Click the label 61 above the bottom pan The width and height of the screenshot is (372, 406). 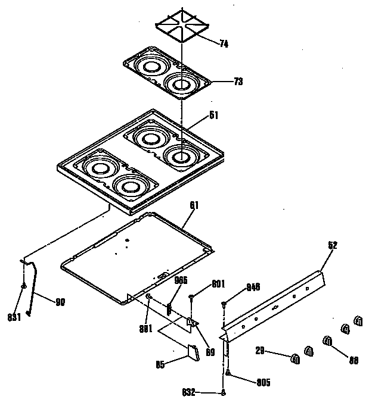coord(194,205)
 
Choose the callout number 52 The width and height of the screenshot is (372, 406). coord(332,244)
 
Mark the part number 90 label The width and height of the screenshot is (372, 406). coord(60,301)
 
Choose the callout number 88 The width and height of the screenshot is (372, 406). coord(354,359)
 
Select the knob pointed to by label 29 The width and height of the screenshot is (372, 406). coord(294,357)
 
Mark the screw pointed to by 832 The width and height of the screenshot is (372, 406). coord(223,392)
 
